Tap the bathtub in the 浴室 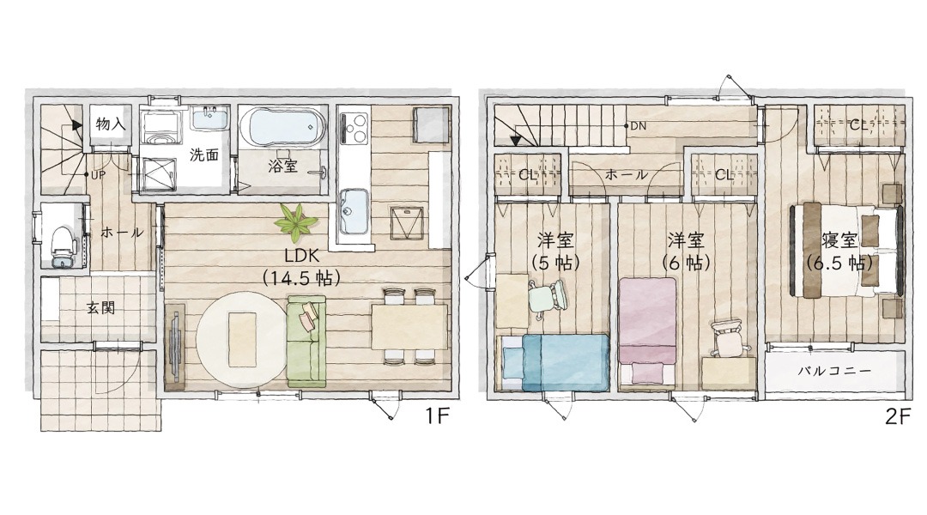click(282, 125)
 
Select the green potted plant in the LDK click(295, 222)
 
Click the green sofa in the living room click(306, 341)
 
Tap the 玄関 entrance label click(100, 307)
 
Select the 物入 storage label click(111, 124)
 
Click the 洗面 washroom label click(204, 154)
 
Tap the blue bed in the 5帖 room click(555, 362)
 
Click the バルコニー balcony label click(834, 372)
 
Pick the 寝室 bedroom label click(839, 240)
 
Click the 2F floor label click(898, 417)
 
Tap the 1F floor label click(438, 417)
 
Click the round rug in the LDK click(242, 339)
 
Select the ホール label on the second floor click(626, 175)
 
